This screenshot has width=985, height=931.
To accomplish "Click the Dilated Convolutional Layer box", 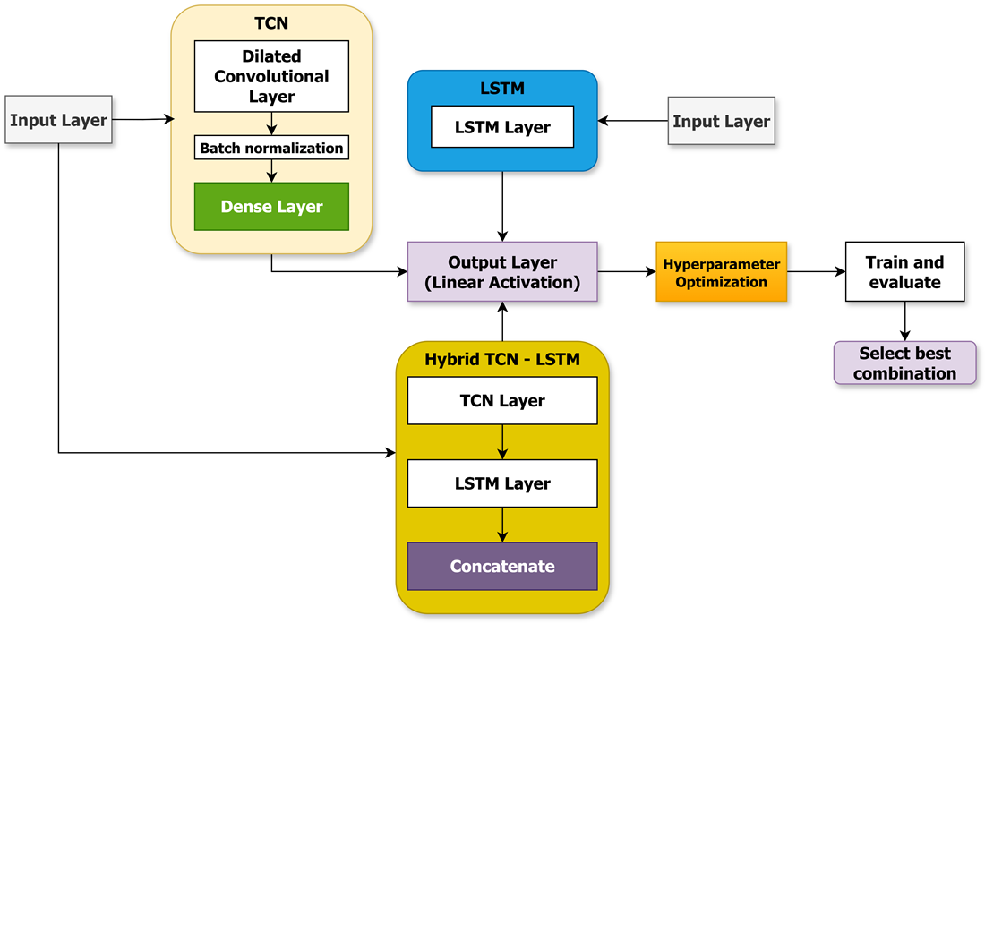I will click(271, 76).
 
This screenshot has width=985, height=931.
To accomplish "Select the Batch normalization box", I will click(271, 148).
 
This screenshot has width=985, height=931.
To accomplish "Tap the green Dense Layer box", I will click(271, 207).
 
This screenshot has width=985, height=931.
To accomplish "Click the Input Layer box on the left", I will click(58, 120).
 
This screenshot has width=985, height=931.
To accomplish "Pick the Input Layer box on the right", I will click(721, 121).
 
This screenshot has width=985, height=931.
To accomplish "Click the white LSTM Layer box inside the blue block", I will click(502, 127).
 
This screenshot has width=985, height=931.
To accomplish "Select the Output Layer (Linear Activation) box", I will click(502, 272).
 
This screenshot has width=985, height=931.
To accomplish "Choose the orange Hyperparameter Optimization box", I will click(721, 272).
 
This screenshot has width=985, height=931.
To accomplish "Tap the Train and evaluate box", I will click(904, 272).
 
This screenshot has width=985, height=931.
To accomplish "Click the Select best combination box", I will click(904, 363).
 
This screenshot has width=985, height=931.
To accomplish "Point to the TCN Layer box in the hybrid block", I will click(502, 400).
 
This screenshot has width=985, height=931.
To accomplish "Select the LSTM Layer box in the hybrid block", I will click(502, 483).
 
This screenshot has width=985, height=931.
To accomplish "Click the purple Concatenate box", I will click(502, 566).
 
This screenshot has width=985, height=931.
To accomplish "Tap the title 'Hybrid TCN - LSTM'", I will click(502, 360).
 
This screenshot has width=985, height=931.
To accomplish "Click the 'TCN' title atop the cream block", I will click(271, 23).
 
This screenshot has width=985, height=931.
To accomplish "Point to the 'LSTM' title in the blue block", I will click(502, 88).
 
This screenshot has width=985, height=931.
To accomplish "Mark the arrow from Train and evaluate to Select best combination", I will click(904, 321).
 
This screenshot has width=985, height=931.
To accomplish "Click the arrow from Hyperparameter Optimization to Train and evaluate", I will click(816, 272).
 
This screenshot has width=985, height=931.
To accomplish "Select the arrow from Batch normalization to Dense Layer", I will click(271, 171).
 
